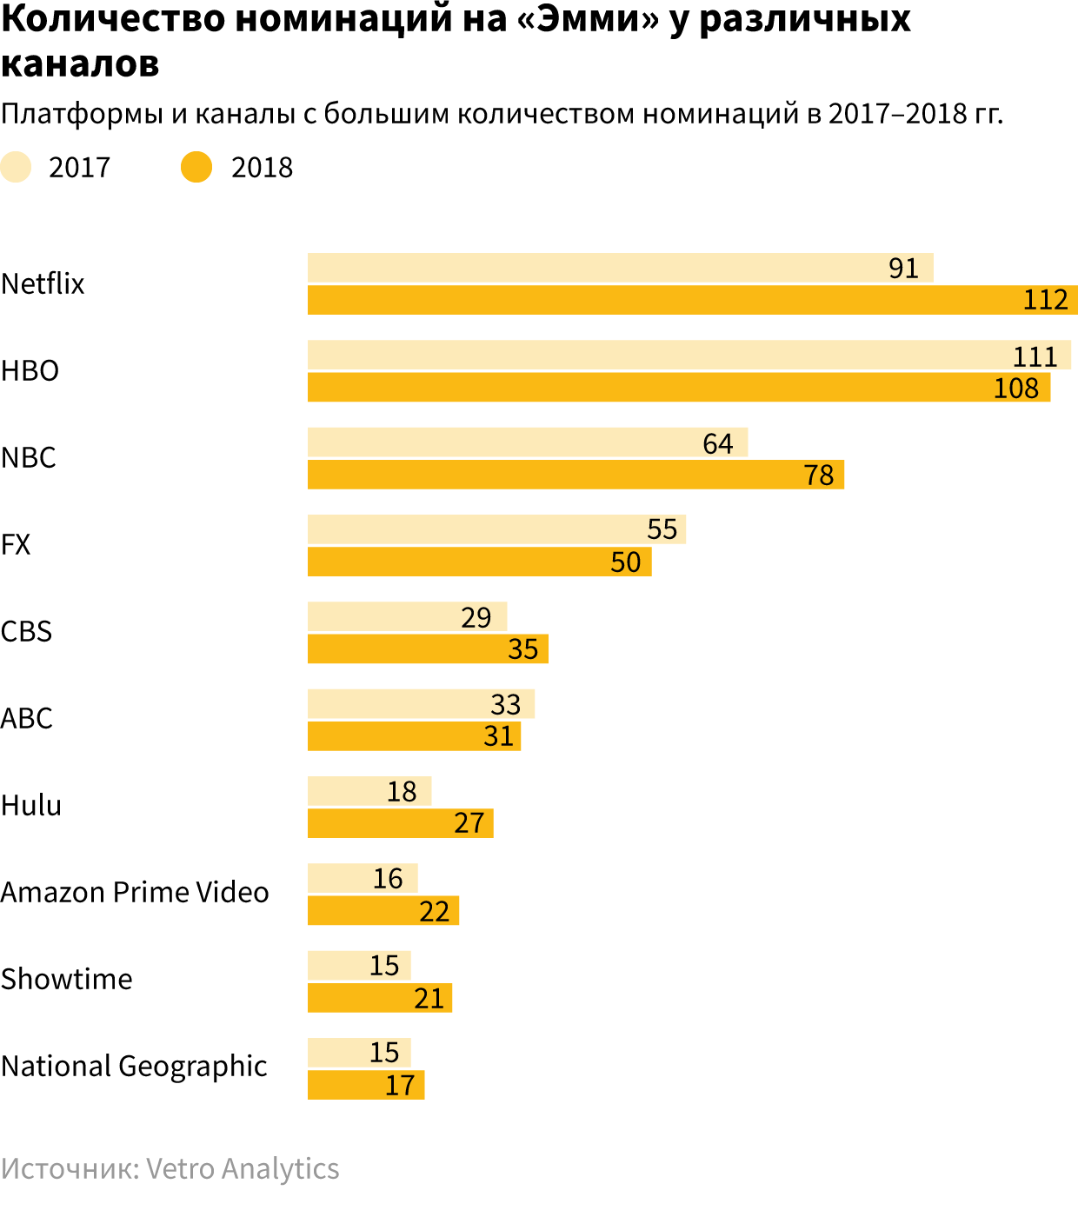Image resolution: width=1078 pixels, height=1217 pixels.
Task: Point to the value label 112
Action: pos(1045,300)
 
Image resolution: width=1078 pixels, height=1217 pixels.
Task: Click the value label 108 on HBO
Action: pos(1015,388)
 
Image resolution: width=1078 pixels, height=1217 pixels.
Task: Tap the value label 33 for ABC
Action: pos(505,704)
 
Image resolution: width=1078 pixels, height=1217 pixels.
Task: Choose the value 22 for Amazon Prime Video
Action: pos(434,911)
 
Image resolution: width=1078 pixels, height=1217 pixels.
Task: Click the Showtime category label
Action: pos(67,979)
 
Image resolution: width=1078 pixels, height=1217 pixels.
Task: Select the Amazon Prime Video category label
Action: pos(135,892)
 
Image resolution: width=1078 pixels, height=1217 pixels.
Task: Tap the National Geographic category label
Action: pos(134,1067)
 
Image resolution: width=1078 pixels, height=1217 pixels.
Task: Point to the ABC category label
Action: pos(27,718)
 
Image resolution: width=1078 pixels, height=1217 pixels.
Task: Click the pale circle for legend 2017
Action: pos(16,167)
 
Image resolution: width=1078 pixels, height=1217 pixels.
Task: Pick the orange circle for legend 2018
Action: pos(196,167)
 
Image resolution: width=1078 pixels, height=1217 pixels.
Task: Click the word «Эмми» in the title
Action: pos(588,19)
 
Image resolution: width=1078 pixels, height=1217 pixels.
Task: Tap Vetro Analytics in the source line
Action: pos(243,1169)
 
